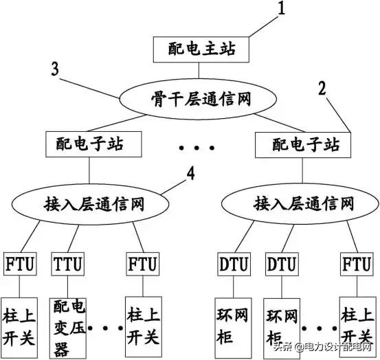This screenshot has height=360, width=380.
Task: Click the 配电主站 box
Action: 199,48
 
